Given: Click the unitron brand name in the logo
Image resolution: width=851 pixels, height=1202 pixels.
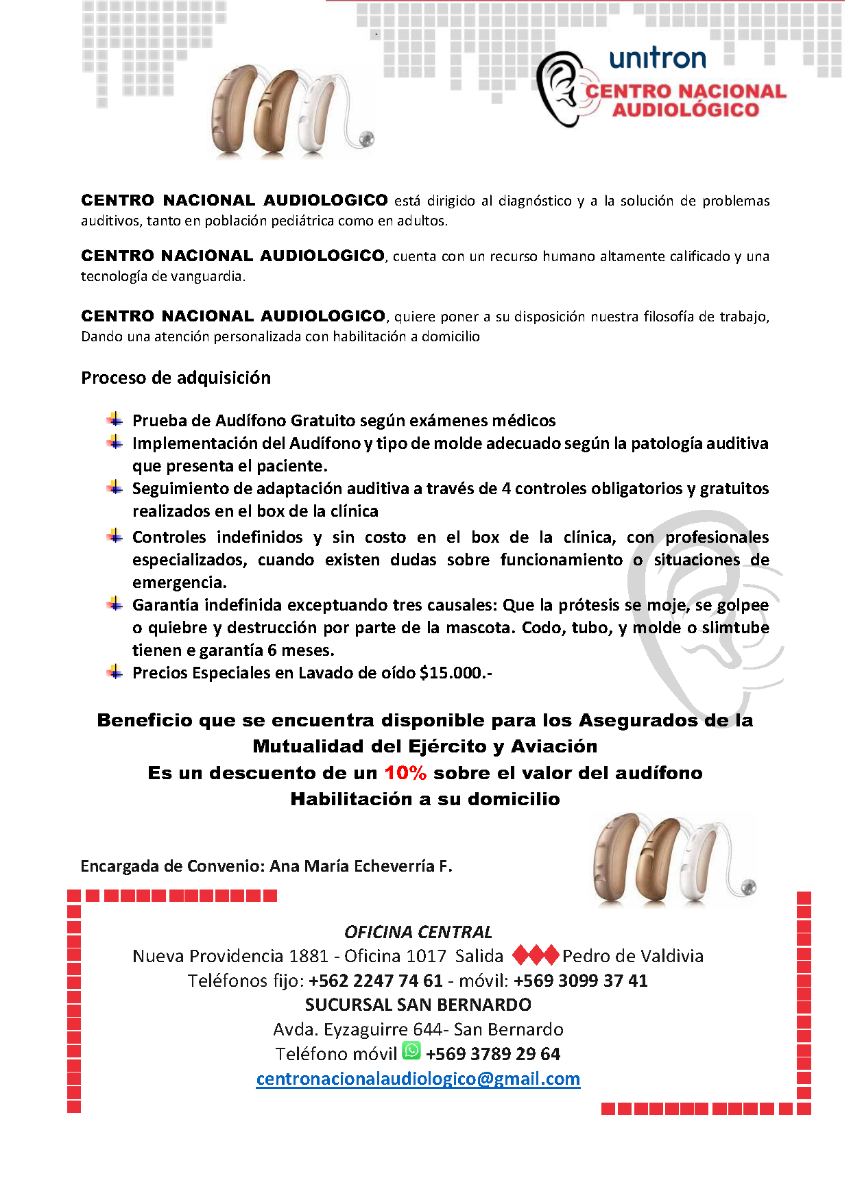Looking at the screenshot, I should tap(657, 58).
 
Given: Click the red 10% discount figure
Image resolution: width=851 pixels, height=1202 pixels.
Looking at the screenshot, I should tap(405, 773).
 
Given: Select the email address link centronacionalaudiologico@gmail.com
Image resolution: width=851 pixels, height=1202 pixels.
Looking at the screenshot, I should tap(418, 1079).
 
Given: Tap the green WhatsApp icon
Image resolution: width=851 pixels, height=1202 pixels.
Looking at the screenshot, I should tap(411, 1051).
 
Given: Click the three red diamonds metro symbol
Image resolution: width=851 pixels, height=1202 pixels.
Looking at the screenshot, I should tap(535, 955).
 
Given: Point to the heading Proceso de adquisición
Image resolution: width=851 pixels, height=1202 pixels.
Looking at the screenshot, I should tap(176, 378).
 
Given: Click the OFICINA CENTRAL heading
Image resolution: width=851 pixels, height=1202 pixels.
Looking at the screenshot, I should tap(418, 932).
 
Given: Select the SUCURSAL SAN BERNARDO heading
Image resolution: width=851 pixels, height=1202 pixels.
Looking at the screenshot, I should tap(418, 1005).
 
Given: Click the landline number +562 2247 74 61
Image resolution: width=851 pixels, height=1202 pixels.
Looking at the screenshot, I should tap(376, 981).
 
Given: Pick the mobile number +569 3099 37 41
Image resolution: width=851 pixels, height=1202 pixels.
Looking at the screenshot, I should tap(580, 981).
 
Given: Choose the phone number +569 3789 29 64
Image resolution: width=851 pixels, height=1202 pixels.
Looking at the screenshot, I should tap(493, 1054).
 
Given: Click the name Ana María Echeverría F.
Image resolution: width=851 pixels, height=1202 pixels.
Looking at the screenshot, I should tap(361, 866).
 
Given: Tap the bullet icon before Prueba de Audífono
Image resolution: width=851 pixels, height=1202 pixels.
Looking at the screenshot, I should tap(115, 419).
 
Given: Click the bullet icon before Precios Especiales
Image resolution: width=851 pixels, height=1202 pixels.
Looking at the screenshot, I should tap(115, 672).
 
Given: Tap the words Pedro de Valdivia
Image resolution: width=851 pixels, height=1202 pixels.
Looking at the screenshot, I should tap(633, 956).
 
